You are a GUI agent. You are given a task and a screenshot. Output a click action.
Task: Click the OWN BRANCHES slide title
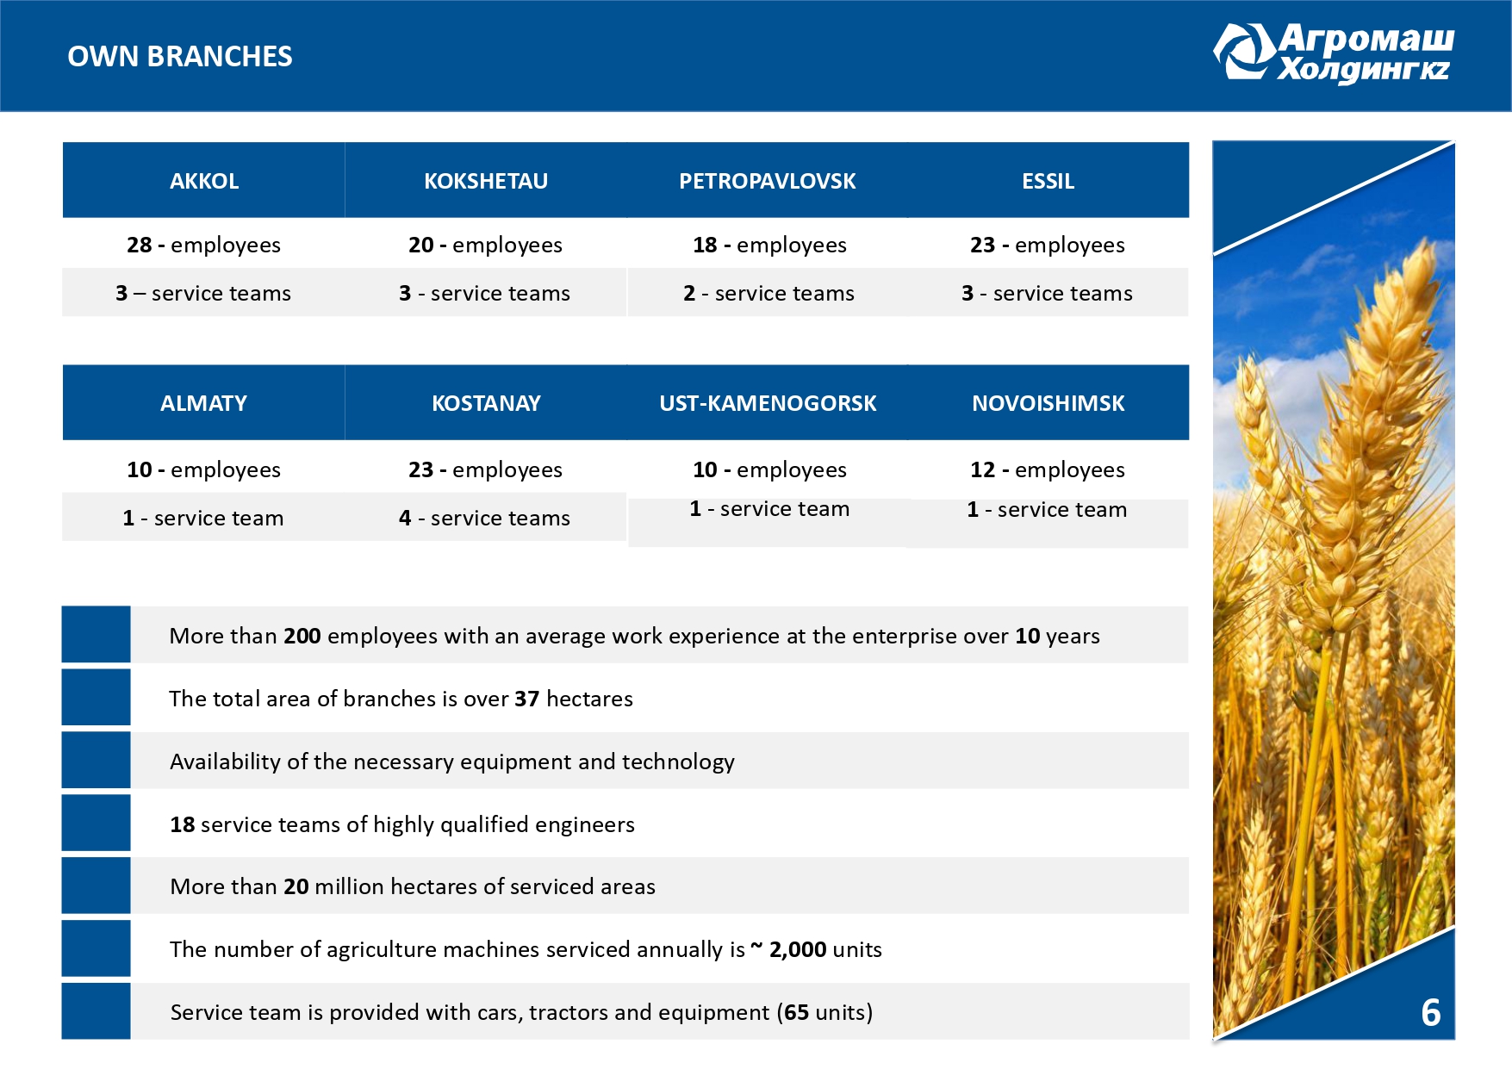click(180, 57)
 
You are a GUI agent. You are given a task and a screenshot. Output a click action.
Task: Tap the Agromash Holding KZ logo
click(1334, 53)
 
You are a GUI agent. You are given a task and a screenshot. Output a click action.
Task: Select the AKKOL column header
click(204, 181)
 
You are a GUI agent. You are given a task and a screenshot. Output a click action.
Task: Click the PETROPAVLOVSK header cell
click(767, 181)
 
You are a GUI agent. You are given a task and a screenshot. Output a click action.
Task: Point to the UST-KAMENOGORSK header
click(767, 403)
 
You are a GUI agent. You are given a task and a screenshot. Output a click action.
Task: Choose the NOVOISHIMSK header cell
click(1048, 403)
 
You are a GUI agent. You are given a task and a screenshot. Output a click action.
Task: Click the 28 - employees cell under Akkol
click(203, 245)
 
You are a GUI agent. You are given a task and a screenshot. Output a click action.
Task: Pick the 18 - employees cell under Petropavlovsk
click(769, 245)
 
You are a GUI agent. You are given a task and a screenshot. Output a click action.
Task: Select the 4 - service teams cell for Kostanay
click(484, 519)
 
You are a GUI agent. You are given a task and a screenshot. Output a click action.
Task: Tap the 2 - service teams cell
click(768, 294)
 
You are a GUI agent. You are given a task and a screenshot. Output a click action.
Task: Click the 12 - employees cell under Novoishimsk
click(1047, 470)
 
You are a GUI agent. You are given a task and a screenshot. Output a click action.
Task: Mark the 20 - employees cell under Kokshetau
click(485, 245)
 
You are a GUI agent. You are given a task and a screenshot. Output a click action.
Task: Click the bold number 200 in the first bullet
click(302, 637)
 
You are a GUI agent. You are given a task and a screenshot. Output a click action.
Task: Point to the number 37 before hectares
click(526, 699)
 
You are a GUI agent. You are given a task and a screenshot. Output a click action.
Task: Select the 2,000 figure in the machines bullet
click(798, 950)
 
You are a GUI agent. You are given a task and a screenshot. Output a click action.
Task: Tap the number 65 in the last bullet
click(796, 1013)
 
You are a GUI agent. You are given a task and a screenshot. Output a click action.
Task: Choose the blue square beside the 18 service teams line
click(96, 824)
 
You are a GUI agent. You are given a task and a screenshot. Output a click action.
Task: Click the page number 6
click(1430, 1013)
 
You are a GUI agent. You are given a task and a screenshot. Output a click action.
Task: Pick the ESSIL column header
click(1048, 181)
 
